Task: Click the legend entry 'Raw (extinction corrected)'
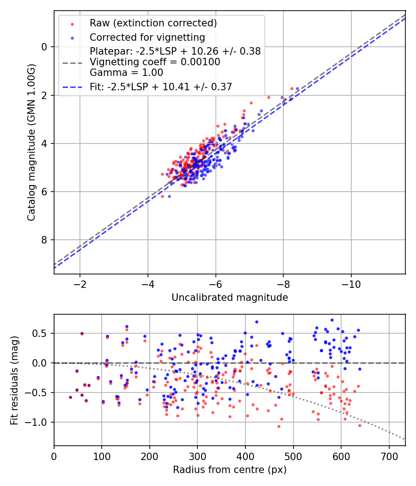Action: (x=153, y=23)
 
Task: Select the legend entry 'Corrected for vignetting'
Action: (x=147, y=37)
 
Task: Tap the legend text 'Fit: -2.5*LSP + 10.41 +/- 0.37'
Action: (x=161, y=87)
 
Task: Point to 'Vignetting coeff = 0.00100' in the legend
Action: (x=155, y=62)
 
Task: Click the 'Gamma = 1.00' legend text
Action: (x=126, y=73)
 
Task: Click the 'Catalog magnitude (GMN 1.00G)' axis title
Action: (x=31, y=143)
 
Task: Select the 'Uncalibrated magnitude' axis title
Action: (x=230, y=298)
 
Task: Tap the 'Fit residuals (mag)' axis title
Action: (x=14, y=380)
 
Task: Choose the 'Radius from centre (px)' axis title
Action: (x=230, y=470)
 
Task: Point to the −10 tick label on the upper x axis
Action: (x=351, y=284)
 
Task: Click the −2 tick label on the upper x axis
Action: (x=80, y=284)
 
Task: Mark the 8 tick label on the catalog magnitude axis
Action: (x=44, y=240)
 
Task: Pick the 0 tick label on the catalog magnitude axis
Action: (x=44, y=47)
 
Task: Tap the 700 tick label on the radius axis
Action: (x=389, y=456)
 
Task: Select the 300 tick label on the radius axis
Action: (x=197, y=456)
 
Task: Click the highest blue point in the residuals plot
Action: (x=332, y=320)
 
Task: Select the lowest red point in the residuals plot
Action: (x=279, y=426)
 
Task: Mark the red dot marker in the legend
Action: (x=73, y=24)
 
